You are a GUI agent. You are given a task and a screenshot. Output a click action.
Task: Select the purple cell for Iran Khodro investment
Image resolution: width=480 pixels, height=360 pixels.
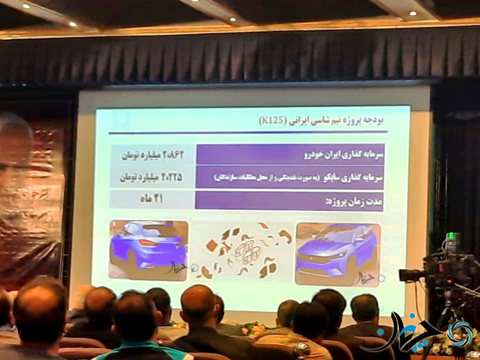(x=290, y=153)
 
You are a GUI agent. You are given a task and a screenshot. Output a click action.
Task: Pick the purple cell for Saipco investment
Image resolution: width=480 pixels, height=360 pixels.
(x=290, y=177)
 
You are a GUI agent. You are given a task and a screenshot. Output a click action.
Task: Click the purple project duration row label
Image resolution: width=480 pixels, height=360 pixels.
(x=290, y=201)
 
